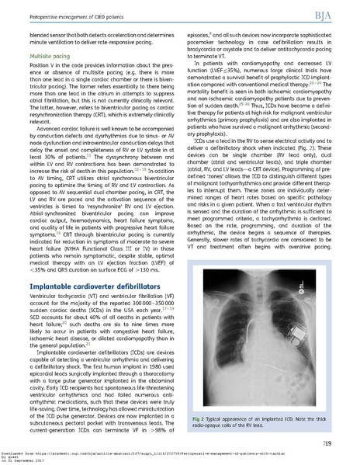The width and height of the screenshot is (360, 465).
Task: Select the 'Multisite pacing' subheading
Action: point(43,57)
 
